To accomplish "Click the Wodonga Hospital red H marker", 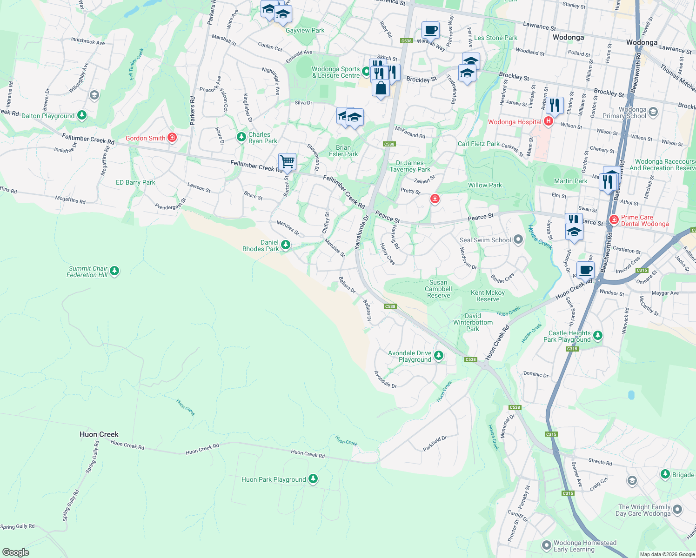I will (548, 122).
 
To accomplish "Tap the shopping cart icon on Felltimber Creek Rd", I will (288, 162).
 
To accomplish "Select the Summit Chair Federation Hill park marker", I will (114, 271).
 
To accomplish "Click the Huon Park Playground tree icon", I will (313, 478).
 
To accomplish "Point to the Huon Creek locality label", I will (99, 434).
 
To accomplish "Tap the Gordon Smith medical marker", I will (172, 138).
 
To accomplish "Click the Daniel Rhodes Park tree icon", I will (286, 245).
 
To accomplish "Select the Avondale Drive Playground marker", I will (438, 356).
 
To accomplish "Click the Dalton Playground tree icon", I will (82, 115).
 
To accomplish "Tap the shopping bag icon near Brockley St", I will (381, 88).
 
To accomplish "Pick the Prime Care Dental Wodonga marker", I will (614, 219).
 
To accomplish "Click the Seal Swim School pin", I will (518, 239).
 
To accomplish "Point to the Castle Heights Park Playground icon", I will (598, 335).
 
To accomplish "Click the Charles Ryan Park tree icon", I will (241, 137).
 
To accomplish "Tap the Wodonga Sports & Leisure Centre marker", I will (366, 72).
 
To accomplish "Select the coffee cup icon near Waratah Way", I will (430, 30).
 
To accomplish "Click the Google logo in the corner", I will (16, 552).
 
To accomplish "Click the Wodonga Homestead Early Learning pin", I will (547, 545).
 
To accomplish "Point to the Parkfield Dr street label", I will (435, 444).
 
